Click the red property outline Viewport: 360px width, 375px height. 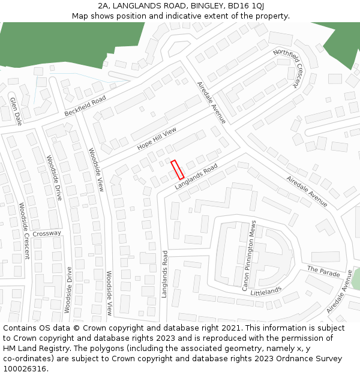[177, 170]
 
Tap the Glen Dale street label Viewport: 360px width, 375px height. [16, 110]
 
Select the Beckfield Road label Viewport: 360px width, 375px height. [85, 106]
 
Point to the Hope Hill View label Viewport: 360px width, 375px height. [157, 139]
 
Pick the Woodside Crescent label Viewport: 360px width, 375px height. [24, 230]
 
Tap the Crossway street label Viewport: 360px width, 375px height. [47, 233]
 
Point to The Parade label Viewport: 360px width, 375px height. [323, 272]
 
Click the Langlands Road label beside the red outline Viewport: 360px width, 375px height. [196, 178]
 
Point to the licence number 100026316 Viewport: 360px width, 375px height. [25, 369]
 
